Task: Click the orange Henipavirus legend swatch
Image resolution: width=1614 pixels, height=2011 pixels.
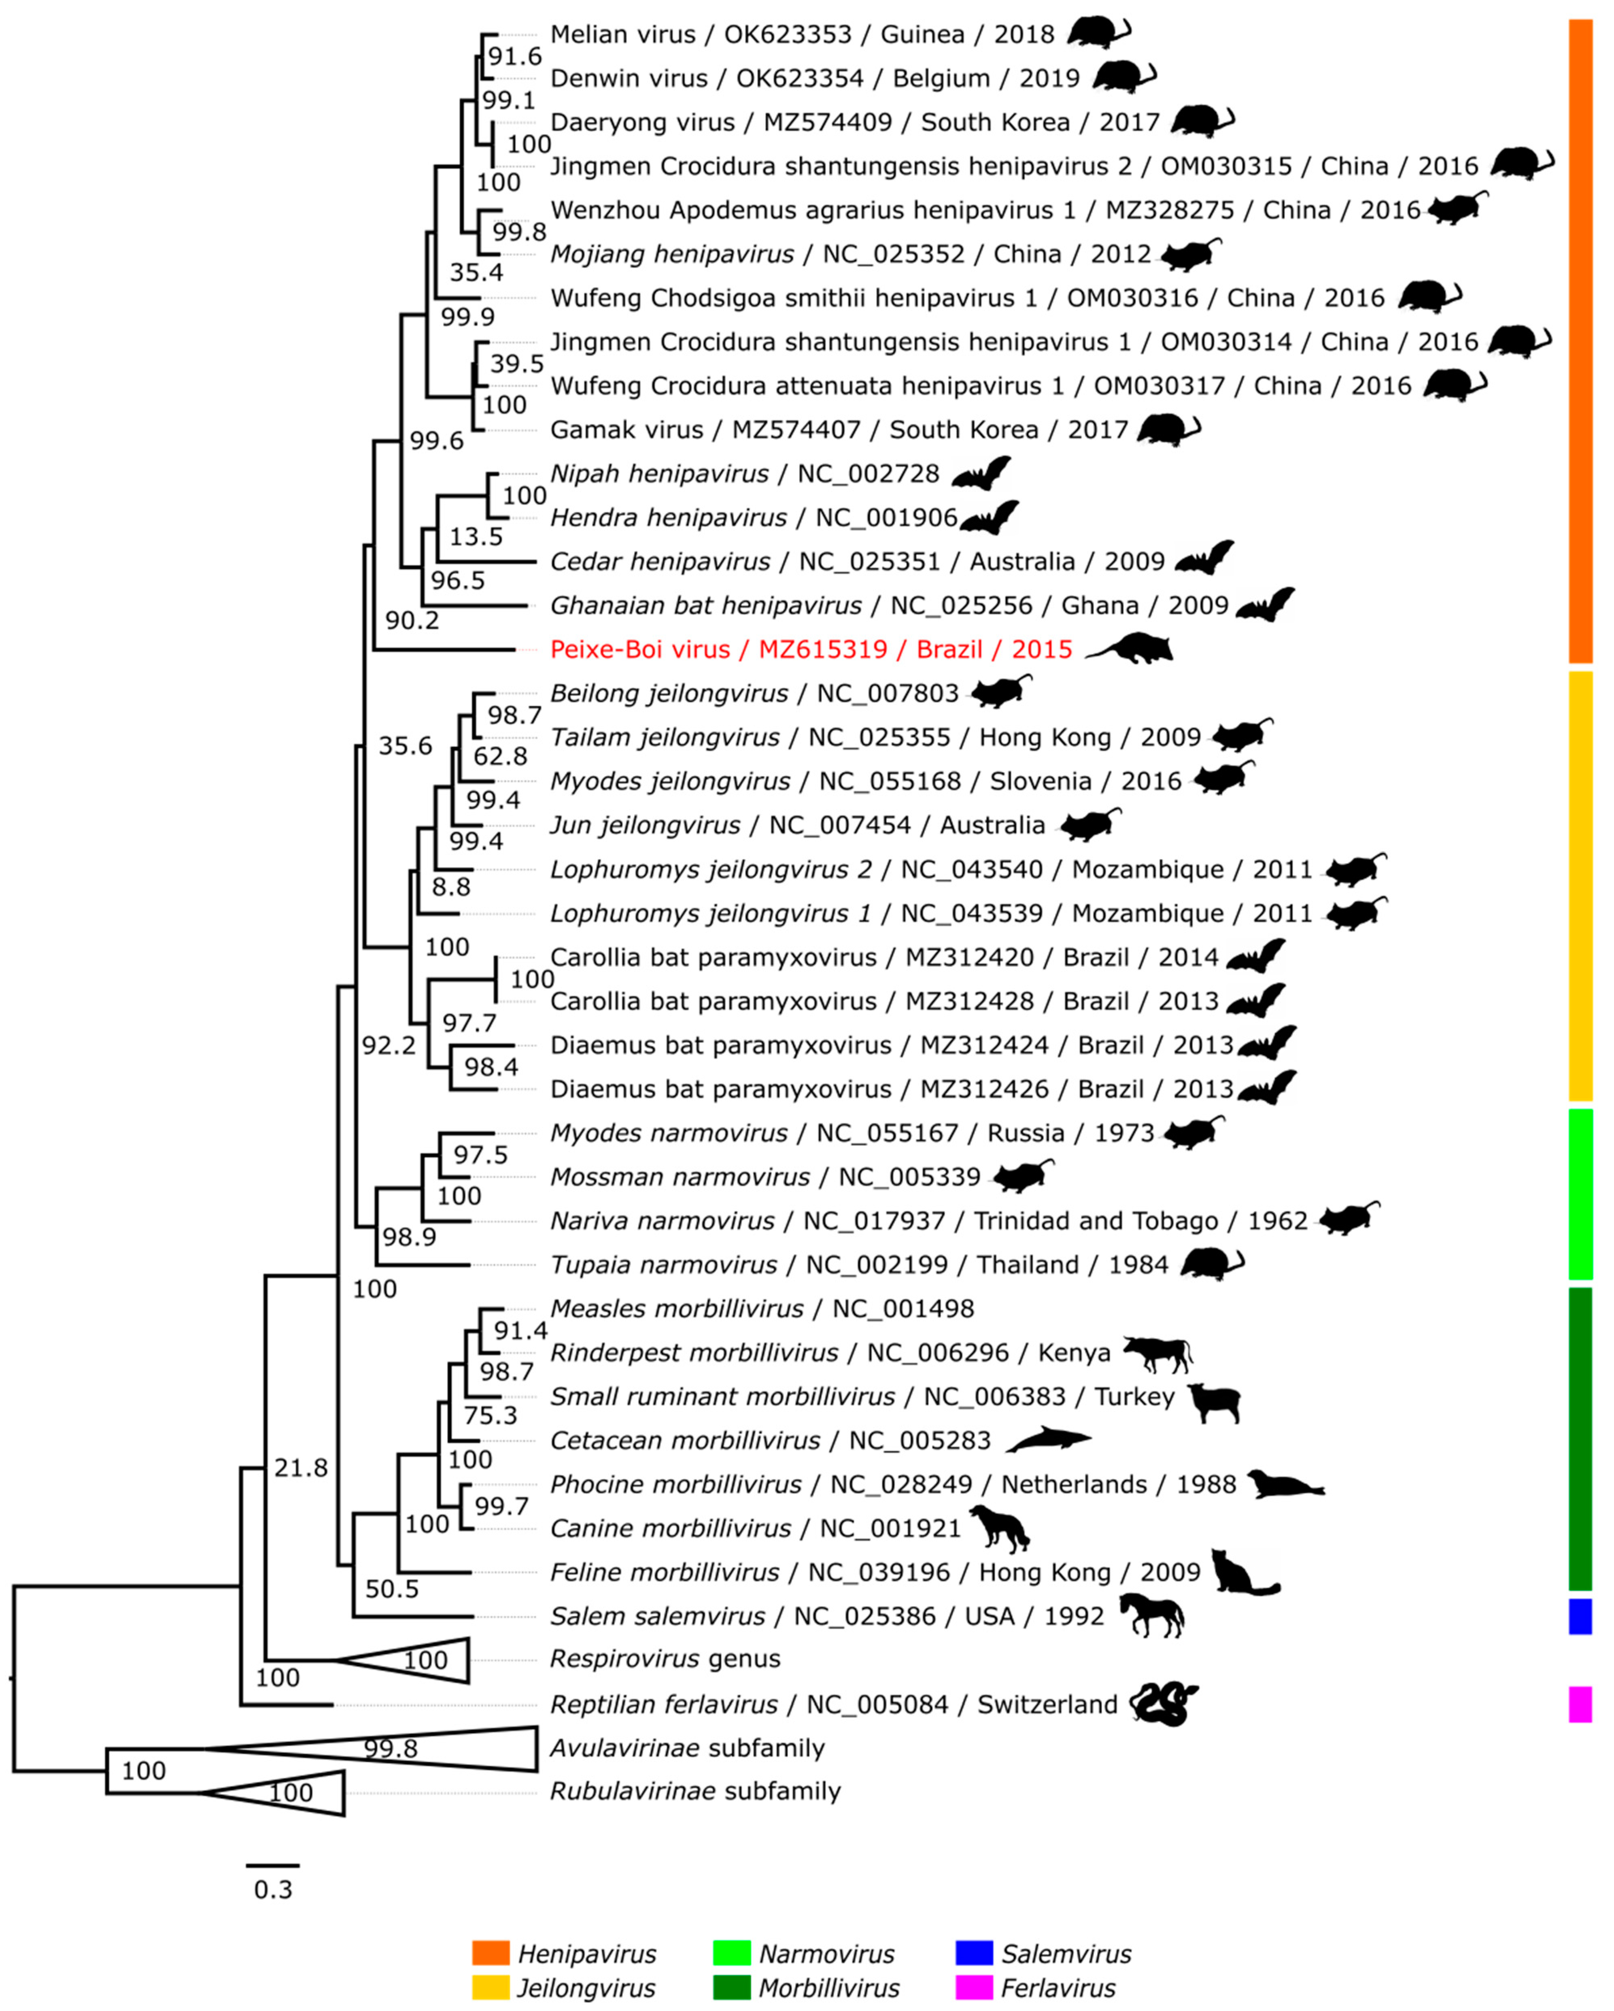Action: pyautogui.click(x=491, y=1953)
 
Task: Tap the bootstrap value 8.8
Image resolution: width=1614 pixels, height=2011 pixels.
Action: pyautogui.click(x=450, y=887)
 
